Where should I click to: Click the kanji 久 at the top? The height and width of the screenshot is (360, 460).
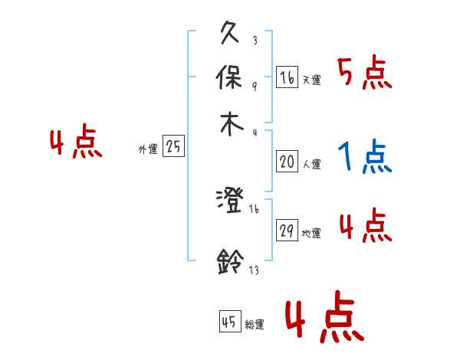coord(231,34)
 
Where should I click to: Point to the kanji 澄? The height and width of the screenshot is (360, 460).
coord(230,201)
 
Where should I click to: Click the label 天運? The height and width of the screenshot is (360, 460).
coord(312,80)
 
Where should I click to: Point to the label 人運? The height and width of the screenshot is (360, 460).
coord(312,164)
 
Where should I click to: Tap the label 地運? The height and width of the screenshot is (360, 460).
coord(312,233)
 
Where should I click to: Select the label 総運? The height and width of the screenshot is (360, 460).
coord(254,325)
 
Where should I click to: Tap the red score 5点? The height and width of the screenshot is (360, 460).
coord(364,74)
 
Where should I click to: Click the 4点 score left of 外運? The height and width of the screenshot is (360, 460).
coord(76,143)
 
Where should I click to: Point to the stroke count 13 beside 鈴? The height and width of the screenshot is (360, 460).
coord(254,270)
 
